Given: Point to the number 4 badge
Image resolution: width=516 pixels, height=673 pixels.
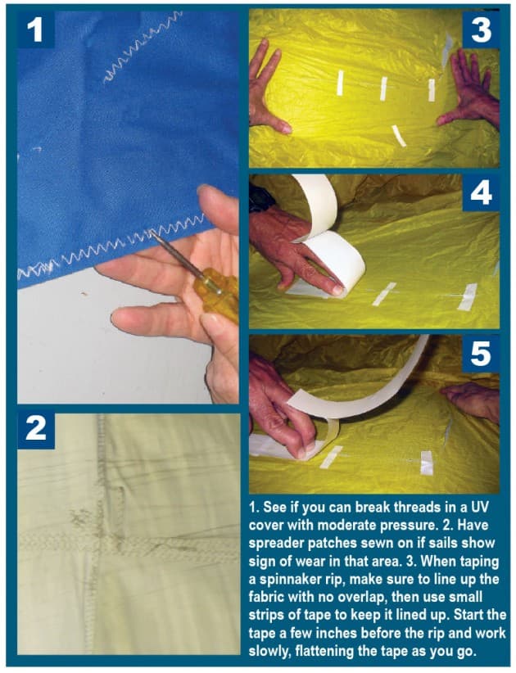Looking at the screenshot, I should coord(481,194).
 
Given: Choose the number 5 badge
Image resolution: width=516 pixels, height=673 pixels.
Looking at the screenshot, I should coord(481,354).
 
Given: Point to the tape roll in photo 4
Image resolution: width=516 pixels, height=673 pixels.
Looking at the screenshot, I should coord(328,246).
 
